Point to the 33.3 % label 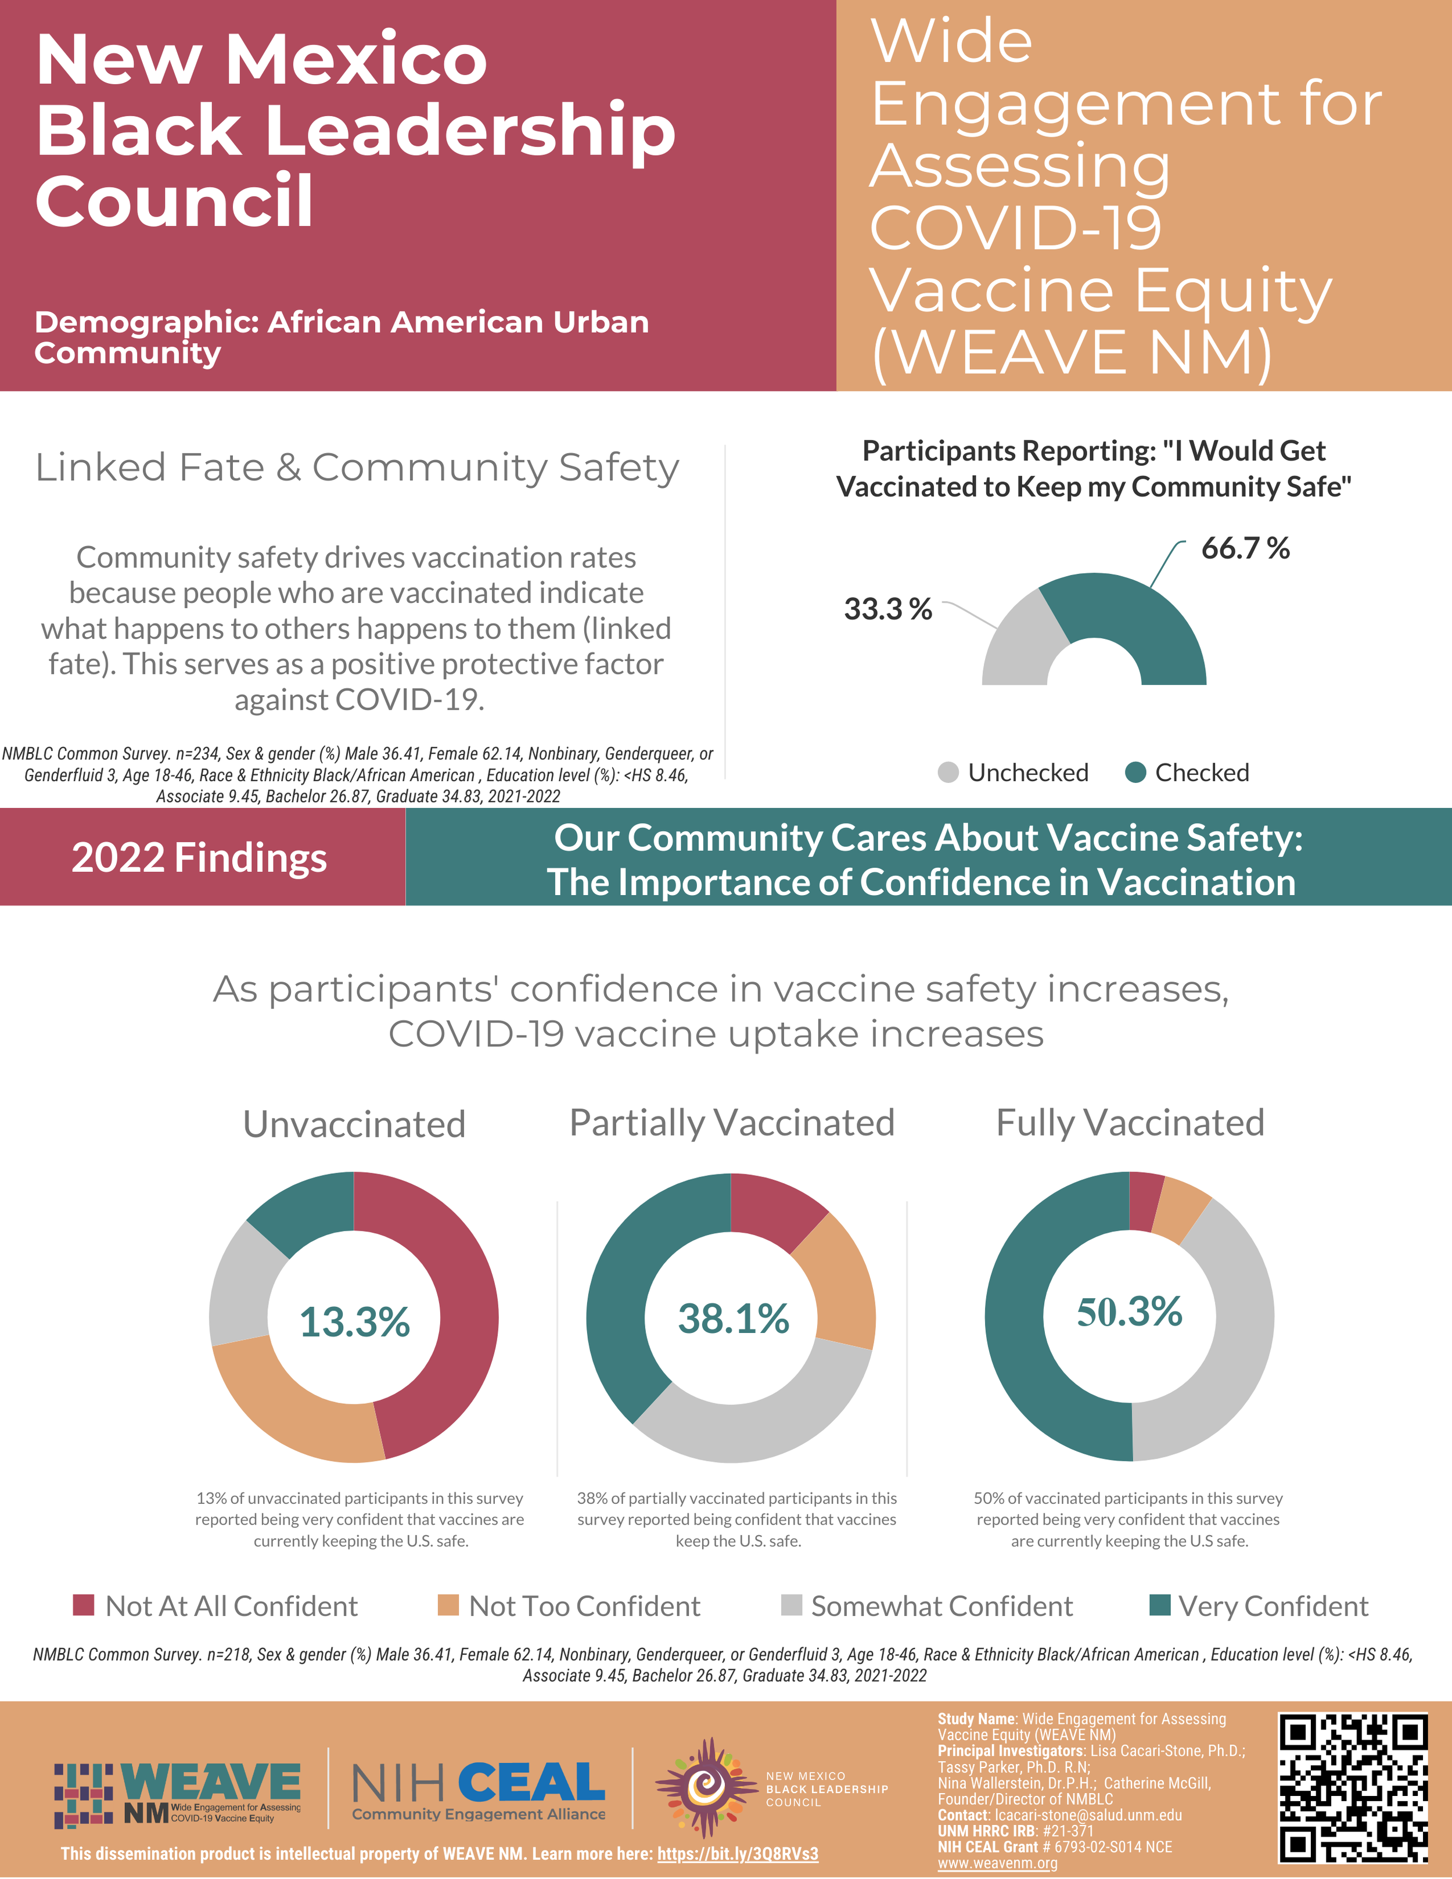pos(887,609)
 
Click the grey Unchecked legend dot pos(948,773)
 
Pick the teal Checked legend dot pos(1135,773)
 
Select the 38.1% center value pos(733,1319)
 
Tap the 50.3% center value pos(1130,1312)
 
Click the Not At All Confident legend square pos(84,1605)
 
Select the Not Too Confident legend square pos(448,1605)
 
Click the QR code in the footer pos(1353,1786)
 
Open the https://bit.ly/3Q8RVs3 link pos(737,1853)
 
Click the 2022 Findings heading pos(200,858)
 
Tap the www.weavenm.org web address pos(997,1863)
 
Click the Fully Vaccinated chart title pos(1130,1123)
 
